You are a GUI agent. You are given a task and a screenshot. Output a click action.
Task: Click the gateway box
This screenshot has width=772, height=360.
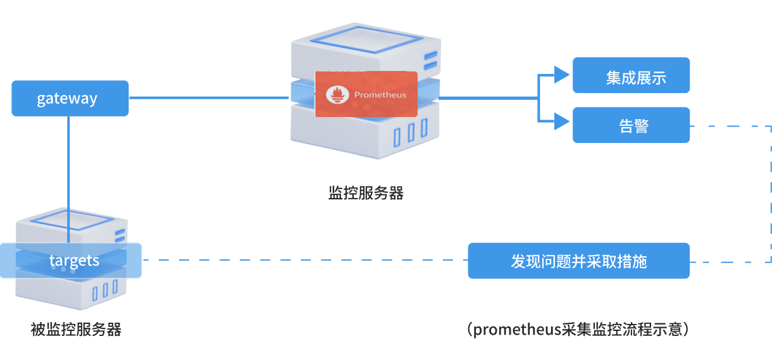coord(70,98)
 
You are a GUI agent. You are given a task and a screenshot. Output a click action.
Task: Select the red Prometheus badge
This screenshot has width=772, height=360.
coord(366,94)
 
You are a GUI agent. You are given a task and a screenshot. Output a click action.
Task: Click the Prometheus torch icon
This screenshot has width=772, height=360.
coord(337,95)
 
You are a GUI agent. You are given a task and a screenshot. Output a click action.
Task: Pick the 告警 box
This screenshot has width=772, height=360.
coord(631,125)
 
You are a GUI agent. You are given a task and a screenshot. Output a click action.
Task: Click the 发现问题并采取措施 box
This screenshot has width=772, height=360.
coord(578,261)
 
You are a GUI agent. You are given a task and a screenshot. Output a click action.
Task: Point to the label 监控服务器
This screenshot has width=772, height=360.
coord(366,193)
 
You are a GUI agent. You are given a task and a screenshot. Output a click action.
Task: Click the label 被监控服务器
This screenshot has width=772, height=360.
coord(76,330)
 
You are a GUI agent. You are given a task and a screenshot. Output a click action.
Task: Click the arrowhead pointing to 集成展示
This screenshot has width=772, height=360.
coord(561,75)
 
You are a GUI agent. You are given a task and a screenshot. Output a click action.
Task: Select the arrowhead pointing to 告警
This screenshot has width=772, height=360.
coord(561,121)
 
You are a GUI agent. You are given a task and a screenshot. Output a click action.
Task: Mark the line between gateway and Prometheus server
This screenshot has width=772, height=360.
coord(209,97)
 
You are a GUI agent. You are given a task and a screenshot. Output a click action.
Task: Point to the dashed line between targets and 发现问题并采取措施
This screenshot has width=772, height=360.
coord(304,260)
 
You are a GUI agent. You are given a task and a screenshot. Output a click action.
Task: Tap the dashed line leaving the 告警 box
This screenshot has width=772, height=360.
coord(728,126)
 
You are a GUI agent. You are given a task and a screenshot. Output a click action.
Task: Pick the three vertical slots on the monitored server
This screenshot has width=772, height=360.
coord(105,290)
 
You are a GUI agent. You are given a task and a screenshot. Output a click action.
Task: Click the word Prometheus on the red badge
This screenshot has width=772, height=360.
coord(380,95)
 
